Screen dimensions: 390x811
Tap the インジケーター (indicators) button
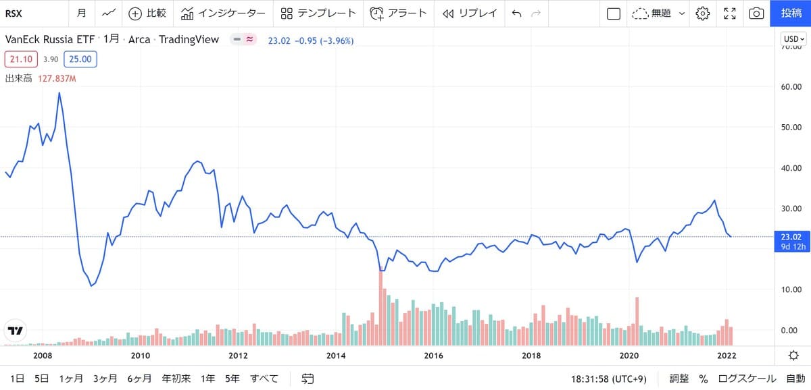coord(223,13)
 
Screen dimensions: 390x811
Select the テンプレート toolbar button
coord(318,13)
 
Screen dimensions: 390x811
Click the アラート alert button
coord(398,13)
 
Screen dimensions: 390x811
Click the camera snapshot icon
coord(757,13)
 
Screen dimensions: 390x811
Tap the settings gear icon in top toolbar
coord(703,13)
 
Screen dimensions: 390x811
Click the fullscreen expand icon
coord(730,13)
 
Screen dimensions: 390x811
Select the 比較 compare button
coord(147,13)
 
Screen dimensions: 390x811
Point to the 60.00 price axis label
coord(791,87)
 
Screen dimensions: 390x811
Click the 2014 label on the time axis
coord(336,355)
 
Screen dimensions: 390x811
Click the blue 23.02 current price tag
coord(791,237)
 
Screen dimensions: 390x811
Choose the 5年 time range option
coord(232,379)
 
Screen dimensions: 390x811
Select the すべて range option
coord(264,379)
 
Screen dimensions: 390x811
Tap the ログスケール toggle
coord(741,379)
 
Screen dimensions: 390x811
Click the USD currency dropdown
coord(792,39)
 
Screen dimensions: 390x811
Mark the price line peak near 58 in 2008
coord(59,93)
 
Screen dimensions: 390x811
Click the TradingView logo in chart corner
coord(15,331)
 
